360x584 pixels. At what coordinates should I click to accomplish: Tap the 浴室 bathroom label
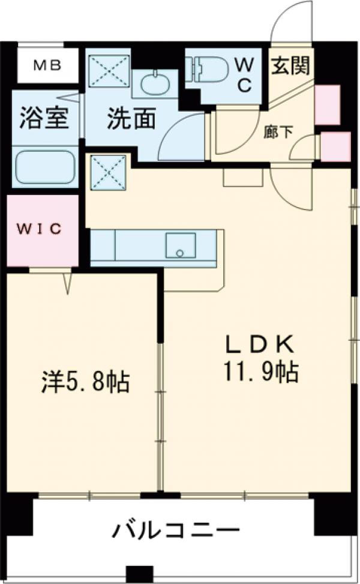pyautogui.click(x=43, y=118)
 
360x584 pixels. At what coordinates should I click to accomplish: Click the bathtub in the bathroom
pyautogui.click(x=45, y=167)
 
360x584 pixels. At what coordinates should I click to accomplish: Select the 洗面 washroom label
pyautogui.click(x=131, y=118)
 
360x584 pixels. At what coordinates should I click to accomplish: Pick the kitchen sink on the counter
pyautogui.click(x=181, y=245)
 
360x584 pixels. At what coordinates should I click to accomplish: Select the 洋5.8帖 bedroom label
pyautogui.click(x=86, y=381)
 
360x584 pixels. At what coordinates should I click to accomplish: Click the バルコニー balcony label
pyautogui.click(x=176, y=531)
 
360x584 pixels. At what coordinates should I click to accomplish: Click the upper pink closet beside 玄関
pyautogui.click(x=328, y=104)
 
